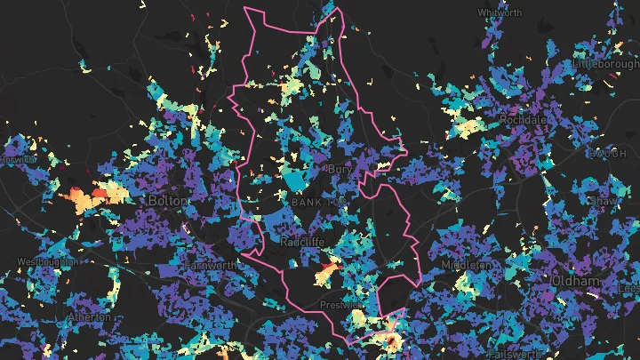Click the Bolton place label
coord(169,201)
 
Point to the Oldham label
coord(576,281)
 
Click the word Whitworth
coord(500,12)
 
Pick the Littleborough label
coord(607,65)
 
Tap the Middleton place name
coord(467,265)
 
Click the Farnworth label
coord(212,266)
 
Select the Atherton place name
coord(89,316)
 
